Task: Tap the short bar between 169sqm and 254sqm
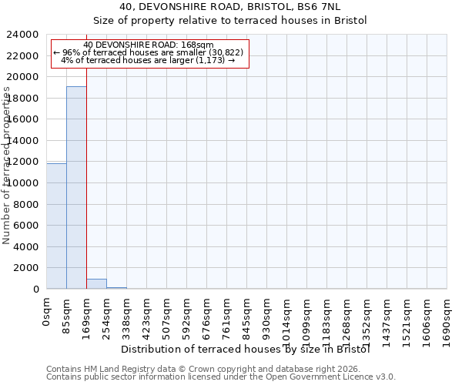click(x=96, y=283)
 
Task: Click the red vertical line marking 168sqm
click(x=86, y=177)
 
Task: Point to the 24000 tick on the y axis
click(x=24, y=35)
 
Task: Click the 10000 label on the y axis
click(x=24, y=183)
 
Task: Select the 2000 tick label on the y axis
click(x=27, y=268)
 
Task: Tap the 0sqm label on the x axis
click(x=47, y=313)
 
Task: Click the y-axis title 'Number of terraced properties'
click(x=7, y=165)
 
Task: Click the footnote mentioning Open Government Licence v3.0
click(x=221, y=377)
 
